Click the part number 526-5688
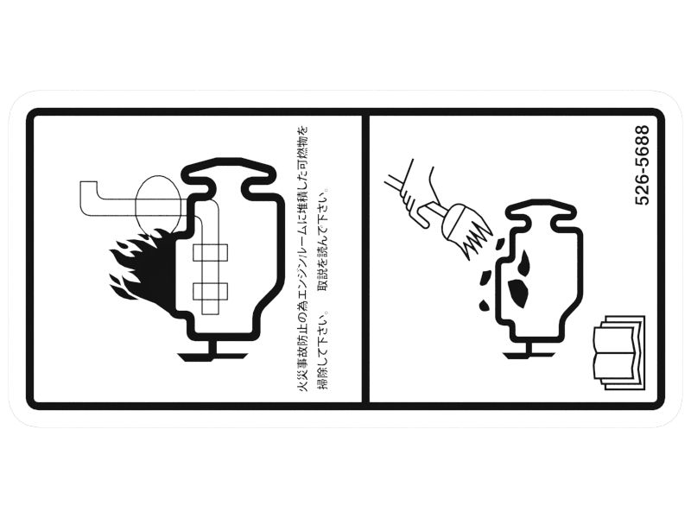pos(642,165)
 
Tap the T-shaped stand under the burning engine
pos(212,351)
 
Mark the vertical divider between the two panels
pos(365,258)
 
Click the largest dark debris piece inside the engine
pos(519,292)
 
